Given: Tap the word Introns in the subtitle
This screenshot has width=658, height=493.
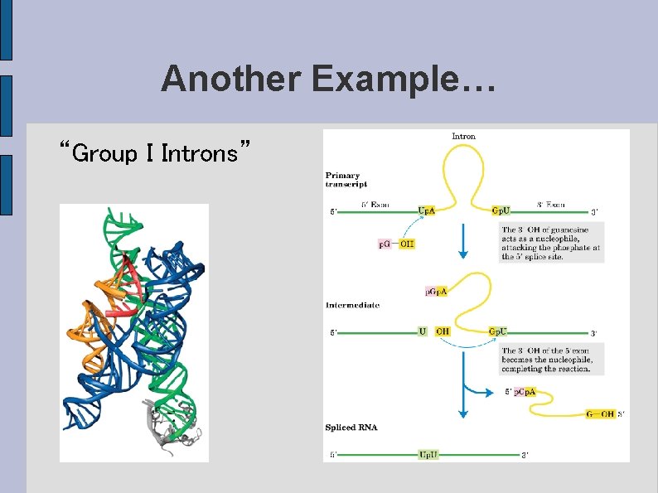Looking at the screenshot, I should tap(203, 153).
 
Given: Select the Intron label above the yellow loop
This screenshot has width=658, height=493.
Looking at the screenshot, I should tap(463, 137).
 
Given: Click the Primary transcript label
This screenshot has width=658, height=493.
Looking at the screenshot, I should tap(346, 179).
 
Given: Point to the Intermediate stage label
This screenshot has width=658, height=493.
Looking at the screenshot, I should tap(352, 305).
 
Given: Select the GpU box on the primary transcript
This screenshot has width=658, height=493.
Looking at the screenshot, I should tap(501, 211).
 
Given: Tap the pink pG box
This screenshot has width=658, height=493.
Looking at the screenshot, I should tap(385, 244).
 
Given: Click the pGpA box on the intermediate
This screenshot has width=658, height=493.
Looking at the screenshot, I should tap(436, 291).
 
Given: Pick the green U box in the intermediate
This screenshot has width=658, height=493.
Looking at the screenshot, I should tap(423, 331).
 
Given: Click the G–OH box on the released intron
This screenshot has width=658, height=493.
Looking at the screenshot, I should tap(600, 413).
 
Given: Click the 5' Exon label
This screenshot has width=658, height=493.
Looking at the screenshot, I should tap(375, 204).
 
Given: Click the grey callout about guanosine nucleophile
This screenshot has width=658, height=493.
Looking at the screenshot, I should tap(551, 243).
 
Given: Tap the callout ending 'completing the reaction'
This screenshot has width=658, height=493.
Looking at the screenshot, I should tap(546, 360).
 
